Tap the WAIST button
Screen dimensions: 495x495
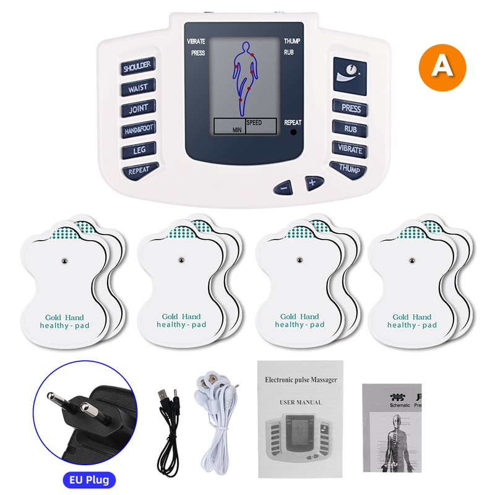click(x=137, y=87)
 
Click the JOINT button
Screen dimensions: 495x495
click(x=138, y=109)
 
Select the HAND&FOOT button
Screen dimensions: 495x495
click(x=138, y=129)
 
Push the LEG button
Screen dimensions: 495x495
click(x=138, y=150)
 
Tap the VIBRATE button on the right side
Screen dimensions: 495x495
click(x=350, y=149)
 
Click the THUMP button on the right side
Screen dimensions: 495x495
click(x=349, y=168)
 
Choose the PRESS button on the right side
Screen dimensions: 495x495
click(x=350, y=108)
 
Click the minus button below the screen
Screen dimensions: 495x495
click(x=283, y=185)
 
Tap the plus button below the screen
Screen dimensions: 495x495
click(x=313, y=182)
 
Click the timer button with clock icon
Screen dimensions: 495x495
click(x=350, y=77)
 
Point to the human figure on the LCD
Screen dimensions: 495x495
click(x=246, y=77)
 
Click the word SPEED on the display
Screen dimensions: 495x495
click(x=254, y=123)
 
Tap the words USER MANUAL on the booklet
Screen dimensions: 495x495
click(x=301, y=402)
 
